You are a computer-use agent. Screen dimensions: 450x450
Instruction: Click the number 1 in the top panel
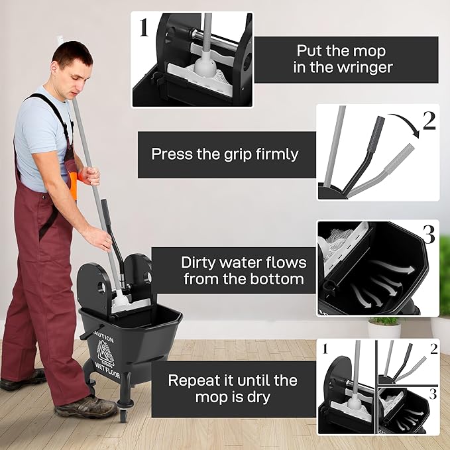(143, 27)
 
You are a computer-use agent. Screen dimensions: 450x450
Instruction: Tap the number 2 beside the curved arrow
(429, 121)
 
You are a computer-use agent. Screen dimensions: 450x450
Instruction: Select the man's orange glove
(74, 183)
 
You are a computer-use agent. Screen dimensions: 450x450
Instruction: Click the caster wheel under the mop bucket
(123, 416)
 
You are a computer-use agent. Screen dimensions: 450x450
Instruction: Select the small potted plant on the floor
(384, 327)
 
